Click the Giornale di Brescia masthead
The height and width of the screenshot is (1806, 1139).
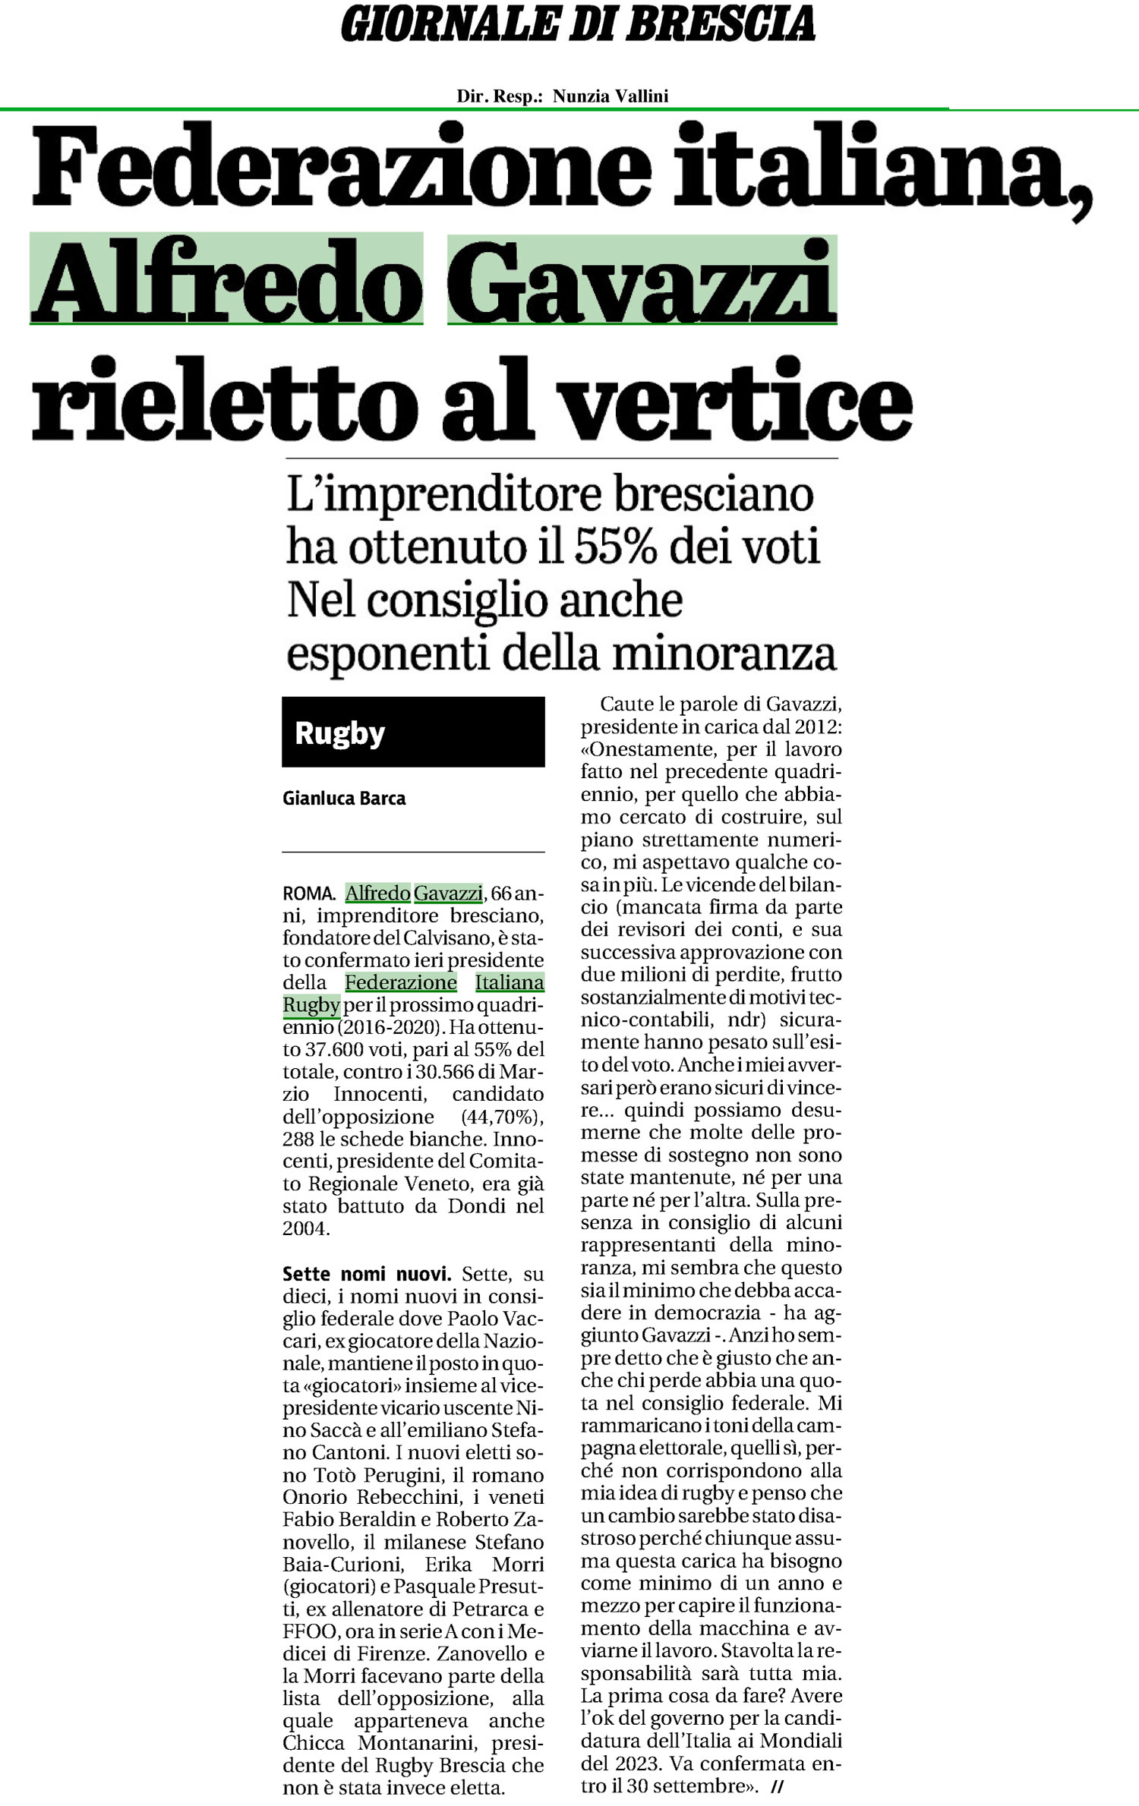(578, 24)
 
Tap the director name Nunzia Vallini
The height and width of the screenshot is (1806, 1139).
(610, 96)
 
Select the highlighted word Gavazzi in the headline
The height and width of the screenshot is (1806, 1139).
(642, 281)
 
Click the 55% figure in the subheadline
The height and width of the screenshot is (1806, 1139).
(615, 547)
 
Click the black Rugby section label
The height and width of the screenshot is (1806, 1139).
(413, 733)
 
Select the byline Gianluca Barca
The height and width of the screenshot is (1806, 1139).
(344, 799)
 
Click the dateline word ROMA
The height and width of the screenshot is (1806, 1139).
(308, 894)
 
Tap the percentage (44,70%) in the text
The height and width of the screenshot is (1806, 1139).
(502, 1117)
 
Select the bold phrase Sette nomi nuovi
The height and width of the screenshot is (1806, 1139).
(367, 1275)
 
